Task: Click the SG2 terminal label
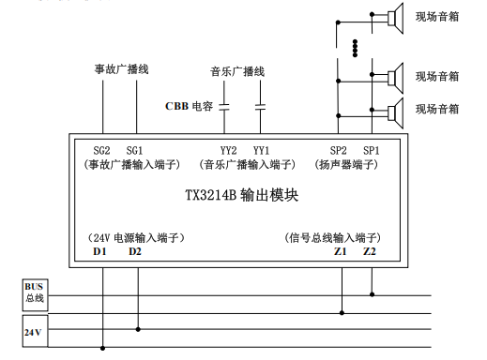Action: pyautogui.click(x=102, y=150)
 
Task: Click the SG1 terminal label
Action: pyautogui.click(x=135, y=150)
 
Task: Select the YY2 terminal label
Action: pyautogui.click(x=228, y=150)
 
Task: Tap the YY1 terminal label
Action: pyautogui.click(x=261, y=150)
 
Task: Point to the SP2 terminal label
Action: pyautogui.click(x=338, y=150)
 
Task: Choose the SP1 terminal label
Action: pyautogui.click(x=372, y=150)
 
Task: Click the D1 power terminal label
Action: pyautogui.click(x=101, y=251)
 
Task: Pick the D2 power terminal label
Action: pyautogui.click(x=136, y=251)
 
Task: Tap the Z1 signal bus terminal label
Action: pyautogui.click(x=340, y=251)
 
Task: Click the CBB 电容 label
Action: pyautogui.click(x=190, y=106)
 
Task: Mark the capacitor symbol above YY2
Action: pyautogui.click(x=226, y=105)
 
